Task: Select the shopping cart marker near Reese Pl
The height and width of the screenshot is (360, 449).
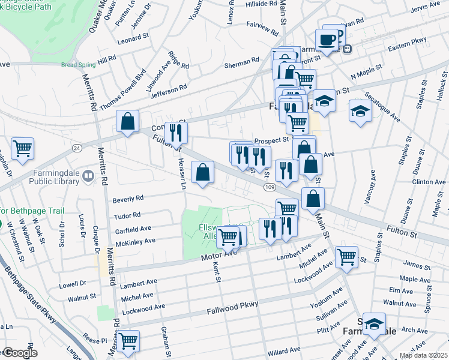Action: [128, 341]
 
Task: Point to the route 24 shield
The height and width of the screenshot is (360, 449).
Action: [77, 148]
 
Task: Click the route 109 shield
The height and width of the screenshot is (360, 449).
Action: [268, 188]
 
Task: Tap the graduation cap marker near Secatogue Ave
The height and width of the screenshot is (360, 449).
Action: [360, 111]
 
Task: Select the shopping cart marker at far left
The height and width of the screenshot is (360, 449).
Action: [22, 148]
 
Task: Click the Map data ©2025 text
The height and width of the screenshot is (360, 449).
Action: [423, 355]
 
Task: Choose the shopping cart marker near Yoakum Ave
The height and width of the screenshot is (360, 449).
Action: [346, 257]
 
